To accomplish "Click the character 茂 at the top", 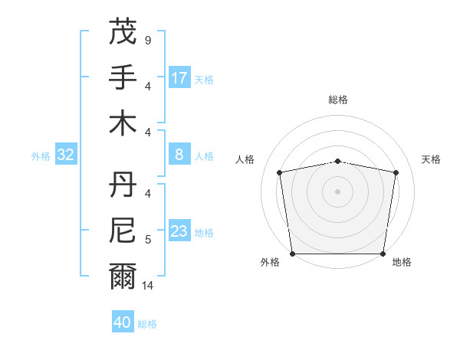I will pos(123,32).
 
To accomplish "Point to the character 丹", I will pos(123,184).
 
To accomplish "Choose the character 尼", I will pos(123,230).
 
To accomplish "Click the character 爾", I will pos(123,276).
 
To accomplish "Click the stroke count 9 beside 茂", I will pos(147,39).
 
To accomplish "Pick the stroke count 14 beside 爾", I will pos(148,286).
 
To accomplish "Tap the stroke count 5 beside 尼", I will pos(147,240).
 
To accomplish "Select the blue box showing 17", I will pos(179,78).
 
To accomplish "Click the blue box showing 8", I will pos(179,155).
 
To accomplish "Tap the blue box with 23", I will pos(179,231).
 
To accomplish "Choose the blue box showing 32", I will pos(66,155).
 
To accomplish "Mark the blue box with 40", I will pos(123,322).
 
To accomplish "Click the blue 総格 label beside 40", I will pos(147,324).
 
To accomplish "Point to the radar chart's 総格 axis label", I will pos(337,100).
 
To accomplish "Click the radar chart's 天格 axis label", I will pos(432,159).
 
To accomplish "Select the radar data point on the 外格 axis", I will pos(292,254).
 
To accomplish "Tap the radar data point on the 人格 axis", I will pos(280,172).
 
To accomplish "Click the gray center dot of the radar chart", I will pos(337,191).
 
